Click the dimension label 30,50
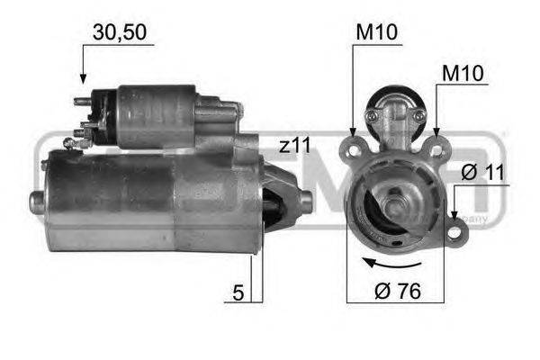(x=120, y=32)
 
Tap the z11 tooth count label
(x=295, y=145)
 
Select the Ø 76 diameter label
(x=398, y=291)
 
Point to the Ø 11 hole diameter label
(x=482, y=172)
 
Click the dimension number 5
(x=238, y=292)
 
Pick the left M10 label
(x=377, y=32)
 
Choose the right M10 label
(x=463, y=73)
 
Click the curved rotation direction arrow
(x=391, y=265)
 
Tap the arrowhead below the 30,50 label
(x=83, y=78)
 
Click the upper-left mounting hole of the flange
(x=354, y=150)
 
